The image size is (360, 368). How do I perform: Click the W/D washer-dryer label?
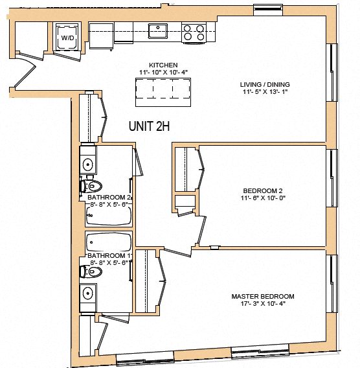(67, 38)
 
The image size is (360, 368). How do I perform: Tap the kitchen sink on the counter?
(157, 29)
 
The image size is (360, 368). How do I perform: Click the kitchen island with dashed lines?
(163, 92)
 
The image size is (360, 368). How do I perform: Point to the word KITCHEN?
(163, 65)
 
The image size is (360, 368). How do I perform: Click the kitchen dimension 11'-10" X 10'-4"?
(163, 72)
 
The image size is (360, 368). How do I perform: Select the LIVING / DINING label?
(265, 84)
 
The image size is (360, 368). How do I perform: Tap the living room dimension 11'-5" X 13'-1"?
(265, 92)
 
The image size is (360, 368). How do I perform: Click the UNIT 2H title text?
(149, 127)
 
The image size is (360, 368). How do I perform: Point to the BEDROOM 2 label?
(263, 190)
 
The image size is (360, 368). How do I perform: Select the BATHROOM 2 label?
(109, 197)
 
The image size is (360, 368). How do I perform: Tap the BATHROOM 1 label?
(109, 256)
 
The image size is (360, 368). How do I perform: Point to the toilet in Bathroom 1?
(94, 273)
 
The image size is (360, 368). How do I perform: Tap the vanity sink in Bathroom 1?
(89, 295)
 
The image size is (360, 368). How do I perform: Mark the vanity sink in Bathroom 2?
(88, 161)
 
